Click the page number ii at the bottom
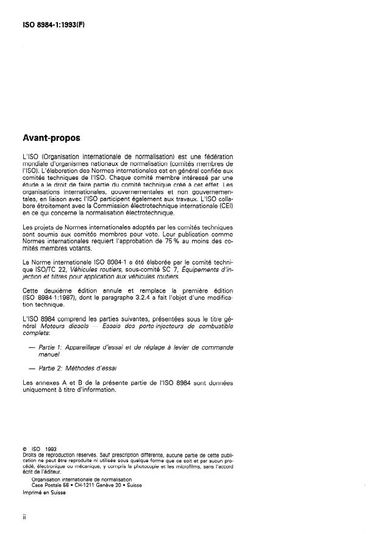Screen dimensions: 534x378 tap(24, 517)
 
